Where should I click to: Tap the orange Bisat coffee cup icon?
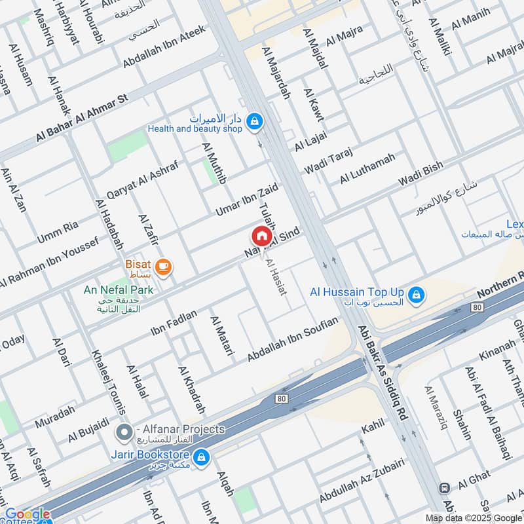[x=163, y=267]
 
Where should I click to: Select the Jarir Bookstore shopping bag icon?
[x=202, y=455]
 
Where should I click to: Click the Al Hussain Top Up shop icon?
[x=415, y=296]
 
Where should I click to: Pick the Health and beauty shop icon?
[x=255, y=121]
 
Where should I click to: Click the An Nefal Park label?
[x=118, y=290]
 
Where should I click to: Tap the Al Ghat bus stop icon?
[x=444, y=488]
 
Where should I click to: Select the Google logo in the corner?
[x=28, y=514]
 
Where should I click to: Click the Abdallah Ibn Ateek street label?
[x=164, y=47]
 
